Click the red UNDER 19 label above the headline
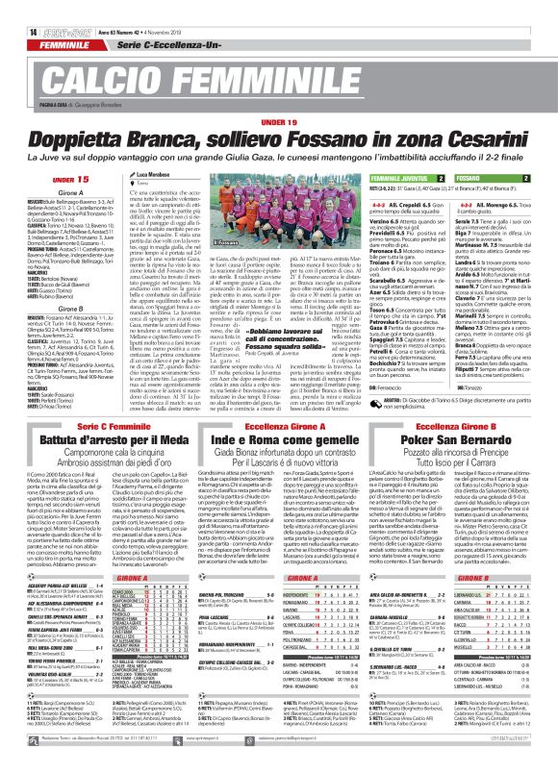point(279,122)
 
